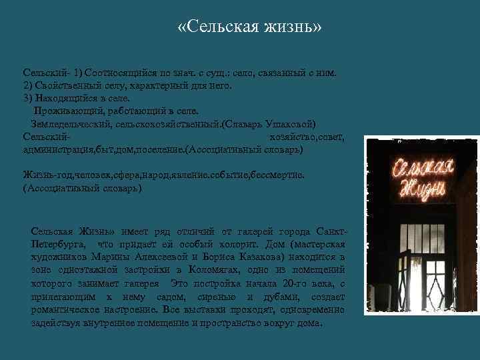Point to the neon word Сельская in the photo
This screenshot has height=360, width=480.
[419, 167]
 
